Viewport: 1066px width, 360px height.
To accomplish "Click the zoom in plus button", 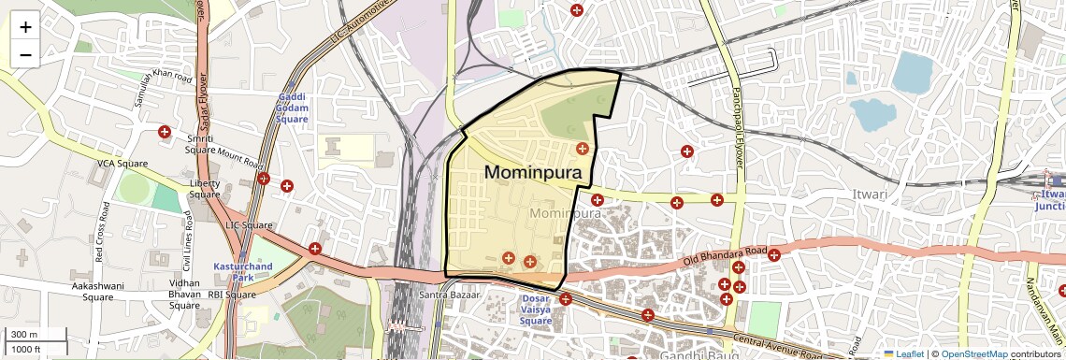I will click(x=25, y=27).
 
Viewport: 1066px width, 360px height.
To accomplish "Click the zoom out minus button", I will click(x=25, y=54).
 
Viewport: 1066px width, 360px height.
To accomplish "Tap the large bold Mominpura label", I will click(x=533, y=173).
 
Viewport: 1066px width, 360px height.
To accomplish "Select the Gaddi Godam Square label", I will click(x=292, y=108).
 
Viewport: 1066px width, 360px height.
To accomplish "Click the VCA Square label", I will click(x=122, y=164).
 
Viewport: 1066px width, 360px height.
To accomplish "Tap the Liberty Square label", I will click(x=205, y=189).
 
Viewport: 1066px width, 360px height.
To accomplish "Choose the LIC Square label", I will click(x=249, y=225).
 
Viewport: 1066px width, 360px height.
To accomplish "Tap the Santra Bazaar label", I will click(x=450, y=295).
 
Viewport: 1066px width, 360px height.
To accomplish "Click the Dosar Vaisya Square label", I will click(x=536, y=310).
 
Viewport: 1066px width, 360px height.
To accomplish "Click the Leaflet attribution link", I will click(x=903, y=353).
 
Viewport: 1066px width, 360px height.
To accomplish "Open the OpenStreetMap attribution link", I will click(x=973, y=353).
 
